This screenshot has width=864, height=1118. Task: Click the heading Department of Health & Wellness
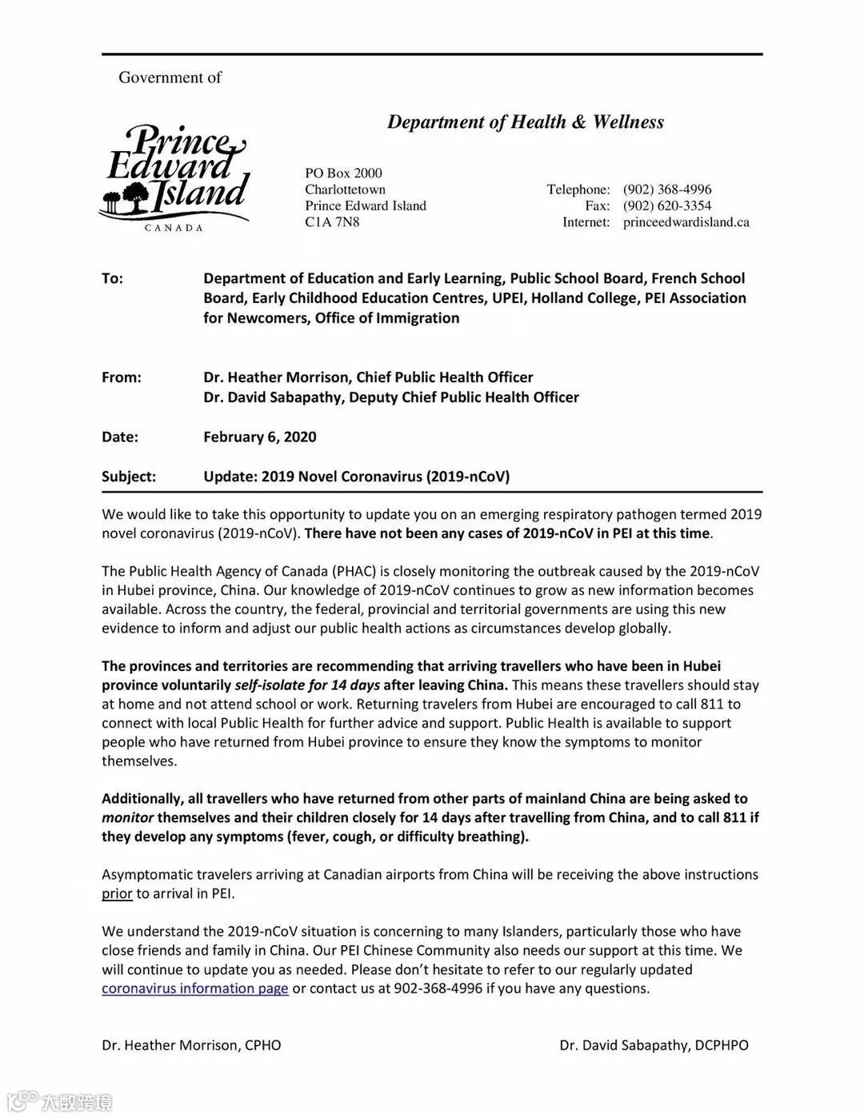click(x=525, y=122)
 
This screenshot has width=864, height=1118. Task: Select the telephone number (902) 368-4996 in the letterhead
click(x=666, y=190)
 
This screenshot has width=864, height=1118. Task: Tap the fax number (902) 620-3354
click(x=666, y=206)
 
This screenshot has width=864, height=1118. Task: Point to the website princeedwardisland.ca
click(x=686, y=222)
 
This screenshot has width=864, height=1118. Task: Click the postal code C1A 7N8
click(x=332, y=222)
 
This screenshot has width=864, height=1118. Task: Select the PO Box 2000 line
click(x=343, y=173)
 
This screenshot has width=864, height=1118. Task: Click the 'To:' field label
click(x=112, y=278)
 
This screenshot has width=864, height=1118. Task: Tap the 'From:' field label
click(x=121, y=377)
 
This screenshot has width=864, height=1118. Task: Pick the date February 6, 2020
click(x=259, y=437)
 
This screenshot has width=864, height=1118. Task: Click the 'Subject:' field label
click(x=128, y=477)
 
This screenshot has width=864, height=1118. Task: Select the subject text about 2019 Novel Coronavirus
click(x=356, y=477)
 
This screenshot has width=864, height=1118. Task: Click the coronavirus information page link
click(x=194, y=988)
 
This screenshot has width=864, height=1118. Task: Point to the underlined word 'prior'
click(x=117, y=893)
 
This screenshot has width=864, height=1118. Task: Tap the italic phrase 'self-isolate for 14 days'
click(x=307, y=685)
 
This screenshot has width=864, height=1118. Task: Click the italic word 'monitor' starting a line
click(x=127, y=817)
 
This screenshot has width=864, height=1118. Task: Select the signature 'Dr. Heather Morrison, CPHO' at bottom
click(x=191, y=1045)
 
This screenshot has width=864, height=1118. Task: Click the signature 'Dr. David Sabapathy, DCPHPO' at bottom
click(x=654, y=1045)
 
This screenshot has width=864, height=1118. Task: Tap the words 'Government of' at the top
click(x=170, y=78)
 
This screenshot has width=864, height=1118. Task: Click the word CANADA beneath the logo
click(x=174, y=228)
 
